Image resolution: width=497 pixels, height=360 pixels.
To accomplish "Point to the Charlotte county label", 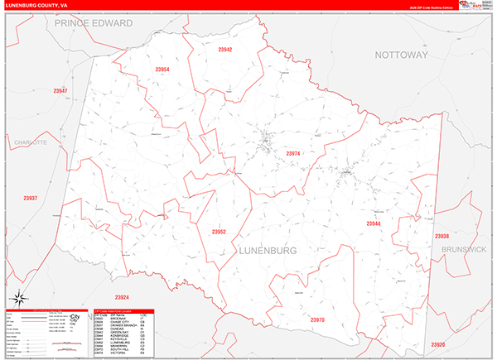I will pyautogui.click(x=32, y=142).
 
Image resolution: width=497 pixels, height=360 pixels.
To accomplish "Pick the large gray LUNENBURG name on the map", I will pyautogui.click(x=268, y=249).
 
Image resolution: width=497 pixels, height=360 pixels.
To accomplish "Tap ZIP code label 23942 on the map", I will pyautogui.click(x=224, y=50).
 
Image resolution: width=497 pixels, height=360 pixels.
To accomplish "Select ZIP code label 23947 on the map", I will pyautogui.click(x=60, y=90).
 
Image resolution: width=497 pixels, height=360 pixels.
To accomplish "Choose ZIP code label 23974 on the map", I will pyautogui.click(x=293, y=153).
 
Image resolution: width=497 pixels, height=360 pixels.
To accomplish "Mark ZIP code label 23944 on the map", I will pyautogui.click(x=374, y=223).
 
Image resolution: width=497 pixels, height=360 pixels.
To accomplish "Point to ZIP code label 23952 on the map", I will pyautogui.click(x=219, y=232).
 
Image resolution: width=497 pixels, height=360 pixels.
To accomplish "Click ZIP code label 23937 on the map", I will pyautogui.click(x=31, y=198).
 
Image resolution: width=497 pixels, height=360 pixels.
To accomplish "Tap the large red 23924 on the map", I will pyautogui.click(x=122, y=296).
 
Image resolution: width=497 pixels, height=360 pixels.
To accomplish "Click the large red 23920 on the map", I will pyautogui.click(x=438, y=344).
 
